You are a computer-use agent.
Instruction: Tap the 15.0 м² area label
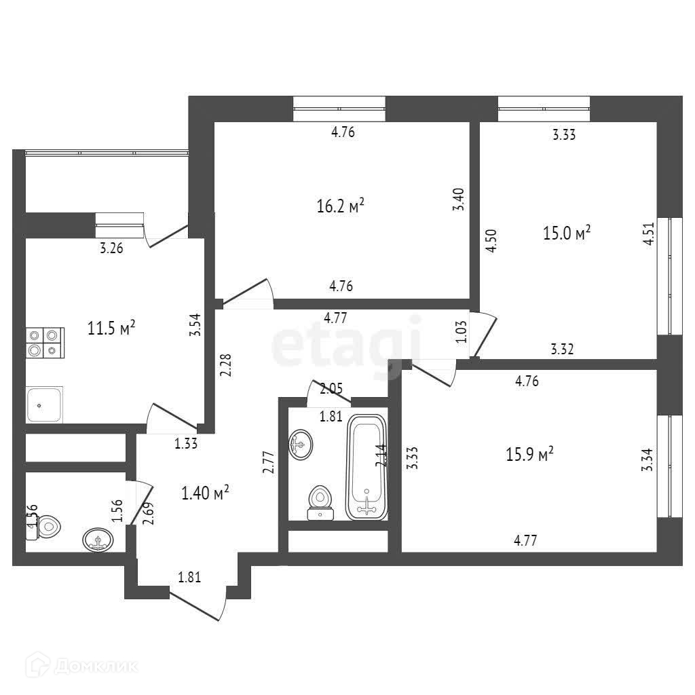coord(567,233)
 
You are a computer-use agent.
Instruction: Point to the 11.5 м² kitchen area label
coord(112,328)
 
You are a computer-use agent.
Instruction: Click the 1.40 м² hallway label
coord(204,493)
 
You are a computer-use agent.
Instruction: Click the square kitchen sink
coord(45,405)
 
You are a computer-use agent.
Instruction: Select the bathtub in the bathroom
coord(367,467)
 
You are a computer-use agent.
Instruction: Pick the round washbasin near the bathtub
coord(300,446)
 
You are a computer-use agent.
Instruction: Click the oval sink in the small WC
coord(98,540)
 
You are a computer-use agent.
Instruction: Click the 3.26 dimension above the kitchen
coord(111,248)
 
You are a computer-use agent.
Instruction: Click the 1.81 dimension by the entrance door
coord(189,578)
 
